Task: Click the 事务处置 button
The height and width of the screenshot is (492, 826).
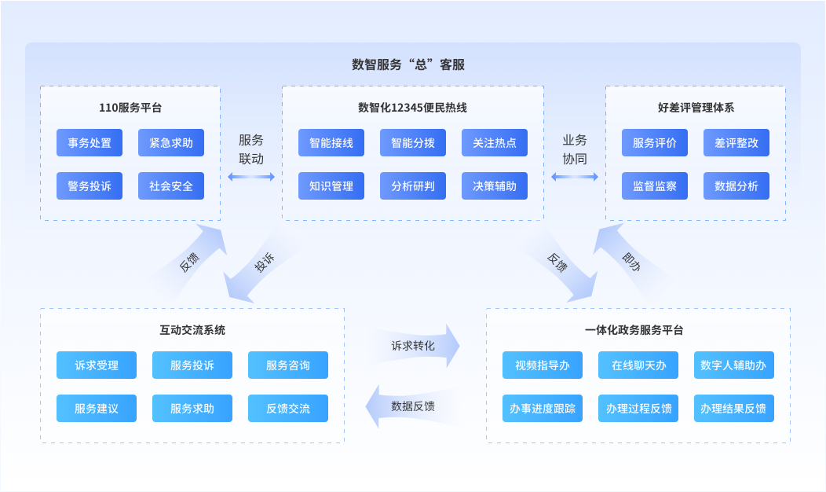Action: pyautogui.click(x=90, y=143)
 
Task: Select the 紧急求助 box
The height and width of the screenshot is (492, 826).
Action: pyautogui.click(x=171, y=143)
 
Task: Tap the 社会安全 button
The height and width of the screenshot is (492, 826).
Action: pyautogui.click(x=171, y=186)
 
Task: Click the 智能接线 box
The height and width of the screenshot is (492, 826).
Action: pyautogui.click(x=331, y=143)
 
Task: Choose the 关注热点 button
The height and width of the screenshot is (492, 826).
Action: pyautogui.click(x=495, y=143)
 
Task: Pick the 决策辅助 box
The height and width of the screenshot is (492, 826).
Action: pyautogui.click(x=495, y=186)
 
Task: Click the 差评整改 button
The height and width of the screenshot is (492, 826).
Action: pyautogui.click(x=736, y=143)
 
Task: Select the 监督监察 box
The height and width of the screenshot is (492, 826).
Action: pyautogui.click(x=655, y=186)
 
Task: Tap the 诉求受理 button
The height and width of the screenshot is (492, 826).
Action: pyautogui.click(x=97, y=365)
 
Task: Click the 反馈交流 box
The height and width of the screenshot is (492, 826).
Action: pyautogui.click(x=288, y=409)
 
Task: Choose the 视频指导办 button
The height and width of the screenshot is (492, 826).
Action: pyautogui.click(x=543, y=365)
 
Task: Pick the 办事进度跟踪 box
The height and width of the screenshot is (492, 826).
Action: pyautogui.click(x=543, y=409)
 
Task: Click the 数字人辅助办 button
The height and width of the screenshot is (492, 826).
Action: pyautogui.click(x=734, y=365)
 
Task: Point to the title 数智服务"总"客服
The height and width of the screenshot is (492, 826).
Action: pyautogui.click(x=408, y=64)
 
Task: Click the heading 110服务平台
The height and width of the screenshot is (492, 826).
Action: pyautogui.click(x=130, y=108)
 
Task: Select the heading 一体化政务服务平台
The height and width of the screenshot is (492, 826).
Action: pyautogui.click(x=634, y=330)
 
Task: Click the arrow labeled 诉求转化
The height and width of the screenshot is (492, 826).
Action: pyautogui.click(x=414, y=346)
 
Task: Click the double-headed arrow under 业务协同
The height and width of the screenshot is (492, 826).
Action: pyautogui.click(x=575, y=178)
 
